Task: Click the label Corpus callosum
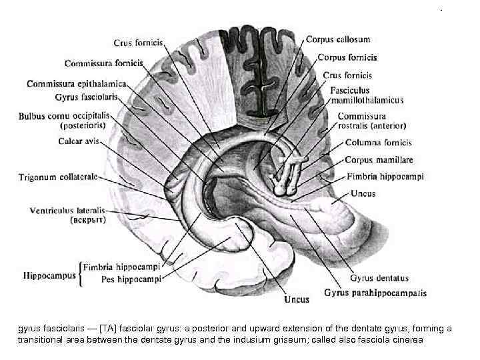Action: click(x=338, y=40)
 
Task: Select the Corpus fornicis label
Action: click(x=347, y=58)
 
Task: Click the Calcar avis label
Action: click(x=79, y=141)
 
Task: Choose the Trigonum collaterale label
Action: click(x=59, y=177)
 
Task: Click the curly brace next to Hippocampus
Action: click(x=81, y=273)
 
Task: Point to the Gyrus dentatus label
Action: click(x=379, y=278)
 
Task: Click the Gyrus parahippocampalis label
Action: click(x=376, y=292)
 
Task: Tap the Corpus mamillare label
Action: click(x=379, y=160)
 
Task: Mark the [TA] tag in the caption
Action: click(x=107, y=329)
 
